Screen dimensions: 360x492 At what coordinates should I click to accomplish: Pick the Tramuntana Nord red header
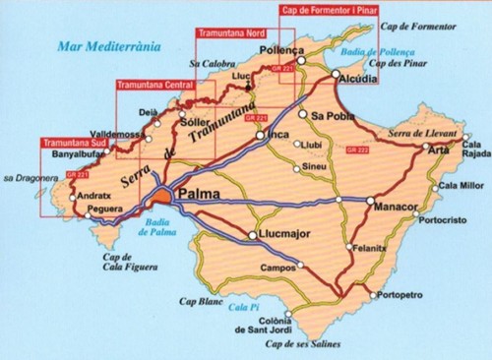(231, 32)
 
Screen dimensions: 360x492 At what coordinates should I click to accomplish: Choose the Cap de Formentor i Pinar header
(329, 9)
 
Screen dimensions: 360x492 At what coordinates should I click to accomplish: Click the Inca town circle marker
(262, 137)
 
